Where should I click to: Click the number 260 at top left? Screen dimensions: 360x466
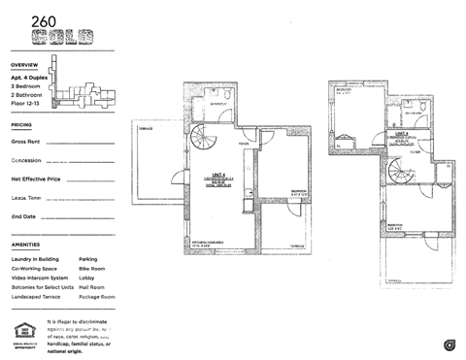[44, 20]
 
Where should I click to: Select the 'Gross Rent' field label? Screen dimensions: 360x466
[25, 142]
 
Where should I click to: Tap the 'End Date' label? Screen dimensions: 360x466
[23, 216]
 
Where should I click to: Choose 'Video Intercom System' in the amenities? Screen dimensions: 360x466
[42, 278]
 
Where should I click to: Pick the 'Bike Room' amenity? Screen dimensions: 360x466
[94, 269]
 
